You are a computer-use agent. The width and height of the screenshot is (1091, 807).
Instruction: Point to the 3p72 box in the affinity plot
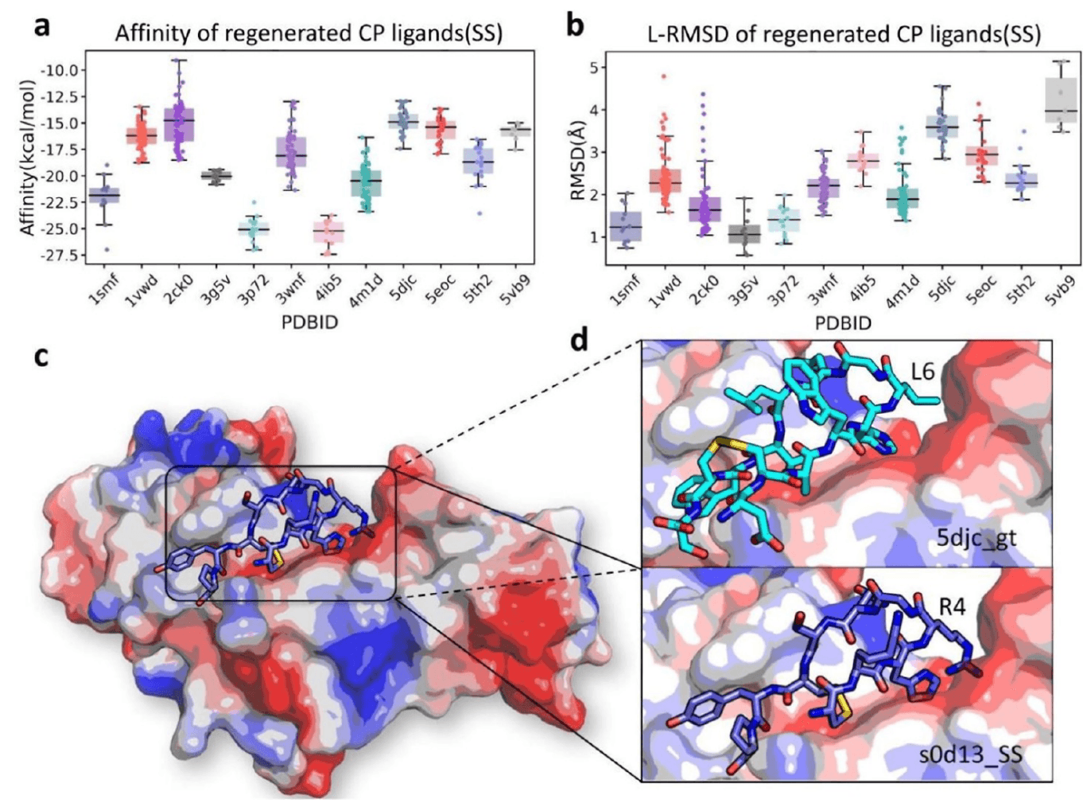(x=254, y=229)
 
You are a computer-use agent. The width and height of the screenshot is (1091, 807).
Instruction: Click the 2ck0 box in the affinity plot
(x=179, y=124)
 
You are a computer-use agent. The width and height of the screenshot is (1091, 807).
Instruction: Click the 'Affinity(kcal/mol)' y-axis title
(x=29, y=157)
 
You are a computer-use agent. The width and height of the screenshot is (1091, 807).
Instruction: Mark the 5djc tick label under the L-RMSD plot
(x=940, y=284)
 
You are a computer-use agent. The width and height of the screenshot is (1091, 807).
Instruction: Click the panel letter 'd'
(x=580, y=341)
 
